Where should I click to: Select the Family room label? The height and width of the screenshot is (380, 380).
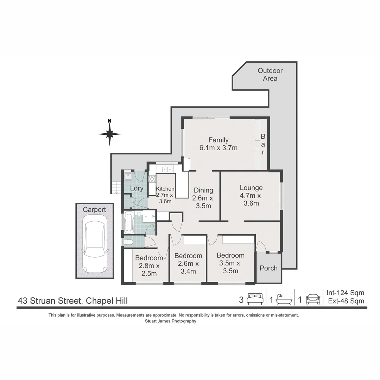point(218,144)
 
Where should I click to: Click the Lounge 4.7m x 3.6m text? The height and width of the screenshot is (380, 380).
point(251,195)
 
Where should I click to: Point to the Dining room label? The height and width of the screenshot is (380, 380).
point(203,198)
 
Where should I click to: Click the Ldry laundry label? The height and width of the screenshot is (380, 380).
point(137,188)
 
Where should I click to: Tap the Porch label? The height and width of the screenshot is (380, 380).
point(268,268)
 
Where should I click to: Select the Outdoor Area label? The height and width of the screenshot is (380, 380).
point(270,74)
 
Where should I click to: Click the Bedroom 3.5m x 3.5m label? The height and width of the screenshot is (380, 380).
point(230,263)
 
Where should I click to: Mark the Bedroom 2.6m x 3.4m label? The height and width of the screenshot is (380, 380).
point(188,263)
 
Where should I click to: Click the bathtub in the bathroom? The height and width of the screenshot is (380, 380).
point(129,222)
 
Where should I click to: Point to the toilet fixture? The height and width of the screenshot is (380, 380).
point(128,242)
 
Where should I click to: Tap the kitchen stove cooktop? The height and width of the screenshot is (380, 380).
point(152,179)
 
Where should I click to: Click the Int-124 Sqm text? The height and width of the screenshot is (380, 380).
point(345,293)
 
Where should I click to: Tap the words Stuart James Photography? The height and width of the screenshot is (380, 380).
point(170,321)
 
